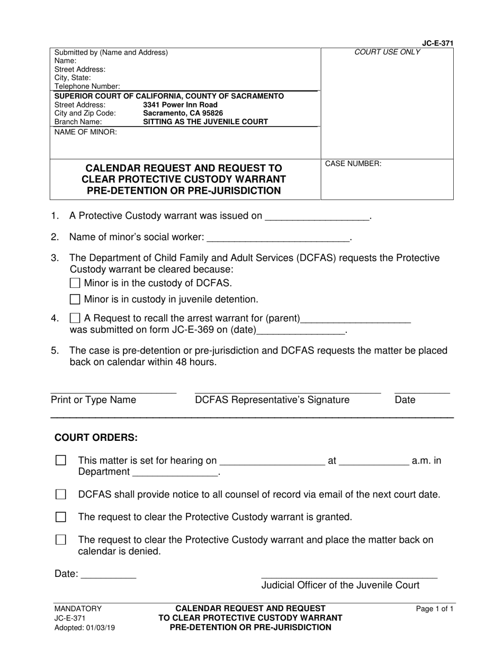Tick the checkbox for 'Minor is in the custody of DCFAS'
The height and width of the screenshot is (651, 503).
click(75, 283)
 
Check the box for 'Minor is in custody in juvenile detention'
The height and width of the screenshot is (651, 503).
click(75, 300)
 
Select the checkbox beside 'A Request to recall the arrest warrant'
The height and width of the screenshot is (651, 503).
click(75, 319)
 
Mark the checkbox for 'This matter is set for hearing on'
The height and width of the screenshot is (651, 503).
click(61, 460)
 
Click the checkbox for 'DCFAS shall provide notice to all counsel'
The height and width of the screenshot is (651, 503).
click(61, 495)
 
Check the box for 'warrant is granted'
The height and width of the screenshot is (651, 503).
click(61, 517)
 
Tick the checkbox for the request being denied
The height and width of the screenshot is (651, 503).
click(61, 540)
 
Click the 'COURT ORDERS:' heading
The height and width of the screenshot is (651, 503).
click(96, 438)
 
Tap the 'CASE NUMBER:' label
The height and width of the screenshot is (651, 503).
click(353, 164)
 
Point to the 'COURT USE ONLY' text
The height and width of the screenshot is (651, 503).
click(387, 52)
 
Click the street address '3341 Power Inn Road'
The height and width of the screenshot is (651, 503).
click(180, 105)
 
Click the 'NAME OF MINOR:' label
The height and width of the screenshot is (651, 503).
click(86, 132)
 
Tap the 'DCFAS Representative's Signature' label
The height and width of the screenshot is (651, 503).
click(272, 400)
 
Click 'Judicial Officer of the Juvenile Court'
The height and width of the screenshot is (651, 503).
click(340, 585)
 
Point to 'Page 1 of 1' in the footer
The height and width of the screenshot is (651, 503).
click(435, 609)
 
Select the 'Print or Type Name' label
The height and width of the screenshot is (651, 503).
click(93, 400)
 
